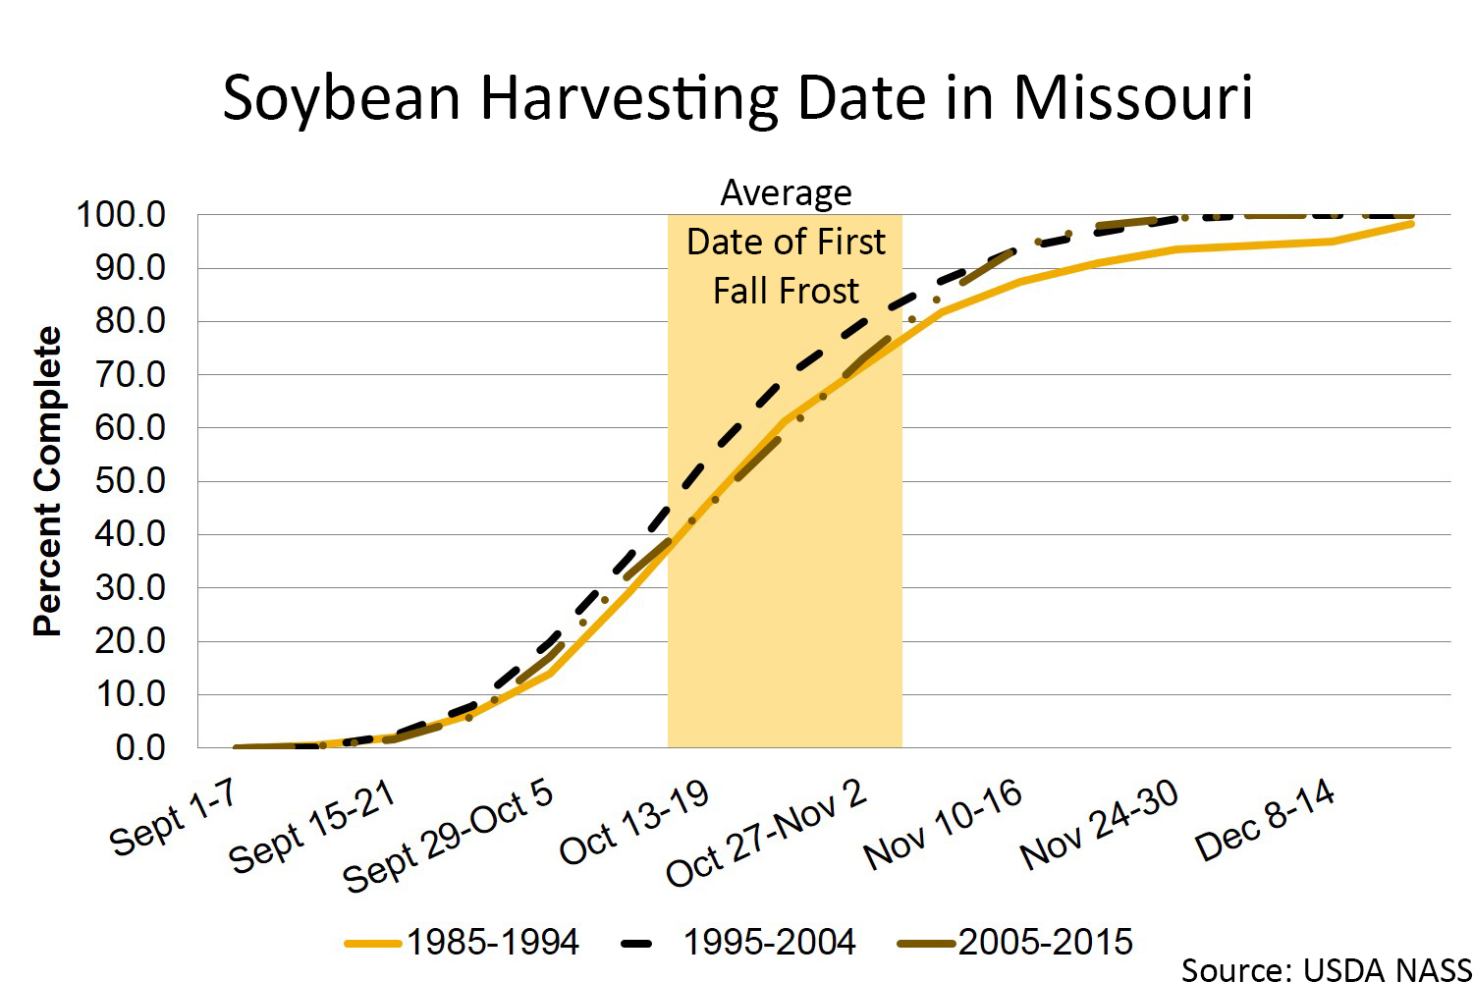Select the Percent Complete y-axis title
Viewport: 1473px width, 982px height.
pyautogui.click(x=47, y=481)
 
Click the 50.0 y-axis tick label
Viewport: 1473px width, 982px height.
pyautogui.click(x=130, y=481)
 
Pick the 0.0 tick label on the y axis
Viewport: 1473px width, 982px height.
pyautogui.click(x=139, y=747)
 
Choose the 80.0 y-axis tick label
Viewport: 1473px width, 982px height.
pyautogui.click(x=130, y=321)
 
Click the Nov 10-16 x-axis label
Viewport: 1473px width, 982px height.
pyautogui.click(x=943, y=826)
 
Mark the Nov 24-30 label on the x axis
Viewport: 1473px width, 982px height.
pyautogui.click(x=1099, y=826)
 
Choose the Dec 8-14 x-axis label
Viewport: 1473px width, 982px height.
pyautogui.click(x=1265, y=821)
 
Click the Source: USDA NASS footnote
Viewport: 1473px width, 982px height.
pyautogui.click(x=1326, y=970)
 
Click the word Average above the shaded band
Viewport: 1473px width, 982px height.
pyautogui.click(x=786, y=193)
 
